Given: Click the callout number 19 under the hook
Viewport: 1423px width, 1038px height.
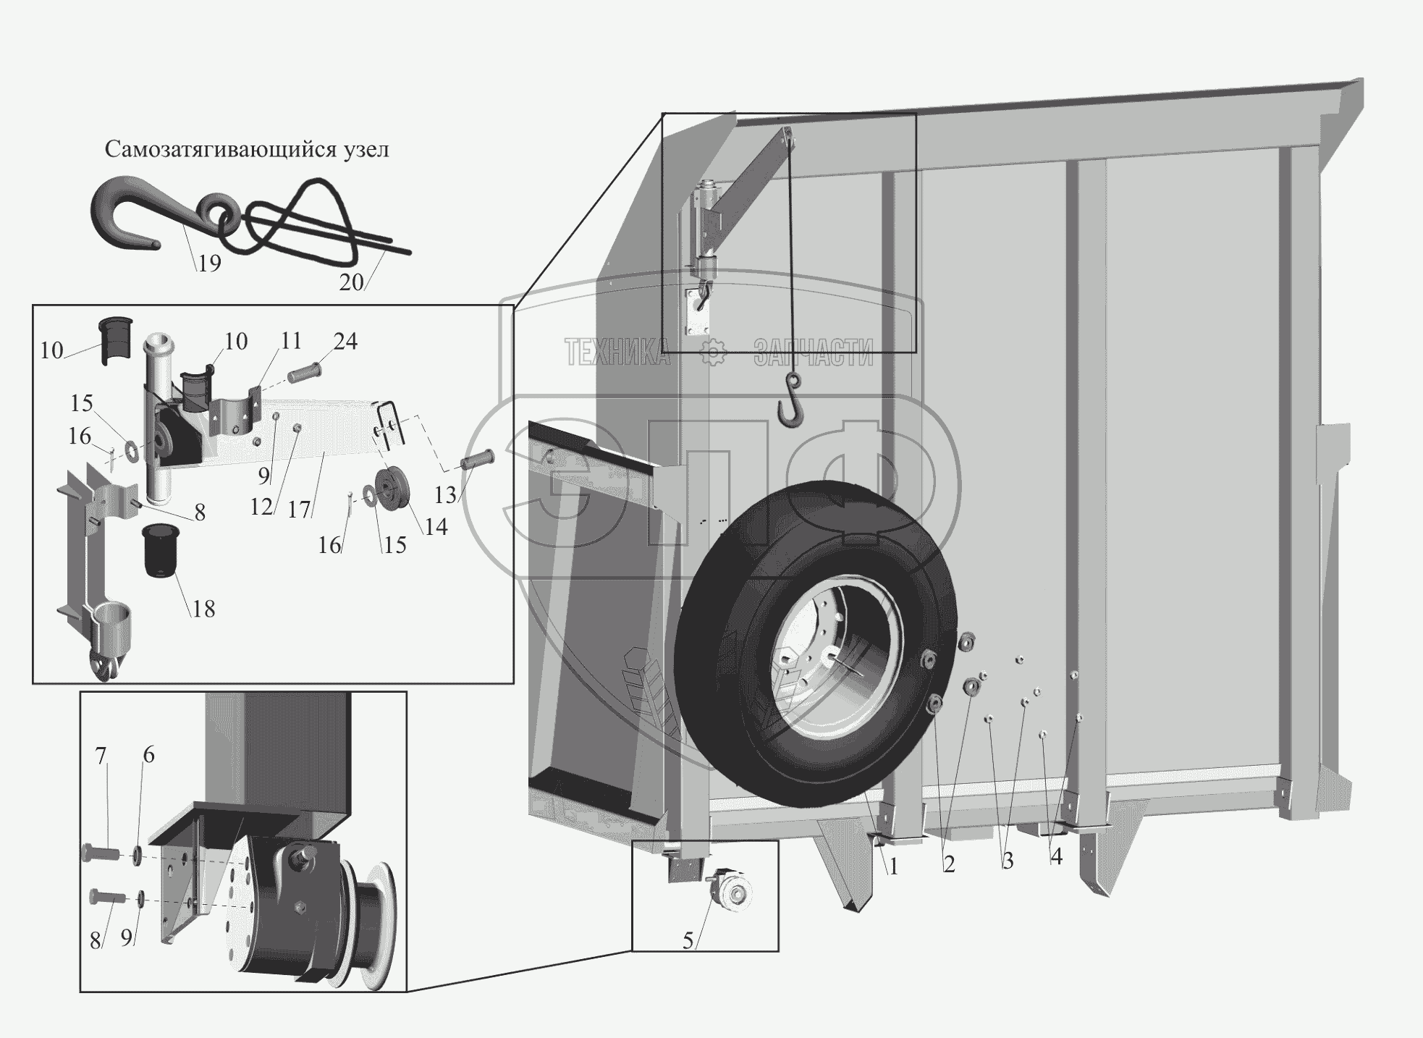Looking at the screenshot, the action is tap(209, 263).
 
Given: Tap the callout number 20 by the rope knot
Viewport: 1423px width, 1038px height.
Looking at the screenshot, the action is tap(351, 282).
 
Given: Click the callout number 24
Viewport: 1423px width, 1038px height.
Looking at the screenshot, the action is tap(345, 341).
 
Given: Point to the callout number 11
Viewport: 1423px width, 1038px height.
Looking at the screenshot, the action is tap(290, 341).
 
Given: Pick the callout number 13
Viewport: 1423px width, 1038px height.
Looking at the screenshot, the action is tap(445, 494).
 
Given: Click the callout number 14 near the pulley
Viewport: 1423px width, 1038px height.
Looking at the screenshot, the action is tap(436, 526).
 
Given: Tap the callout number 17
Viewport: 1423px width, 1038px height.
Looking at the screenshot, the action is tap(299, 510).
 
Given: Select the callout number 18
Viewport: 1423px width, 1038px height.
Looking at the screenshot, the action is tap(204, 609).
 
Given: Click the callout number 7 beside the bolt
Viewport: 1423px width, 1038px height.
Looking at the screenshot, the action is tap(101, 756).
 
